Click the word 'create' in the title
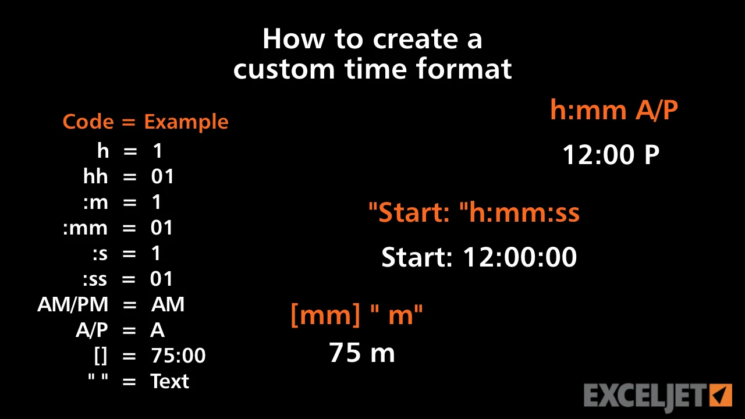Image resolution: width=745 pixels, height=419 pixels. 416,40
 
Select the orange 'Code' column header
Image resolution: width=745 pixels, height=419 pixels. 88,122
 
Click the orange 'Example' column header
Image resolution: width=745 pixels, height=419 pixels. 186,122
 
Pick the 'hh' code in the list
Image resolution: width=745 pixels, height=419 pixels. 96,176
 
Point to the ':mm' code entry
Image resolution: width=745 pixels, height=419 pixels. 86,228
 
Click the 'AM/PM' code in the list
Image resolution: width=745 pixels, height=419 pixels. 73,304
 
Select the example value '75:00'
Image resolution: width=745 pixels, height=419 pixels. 178,356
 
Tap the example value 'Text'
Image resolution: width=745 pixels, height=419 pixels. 169,381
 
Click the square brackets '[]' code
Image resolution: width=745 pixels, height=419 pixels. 100,356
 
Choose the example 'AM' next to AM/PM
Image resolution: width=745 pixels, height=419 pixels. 168,304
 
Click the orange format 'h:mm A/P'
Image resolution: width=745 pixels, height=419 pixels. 614,110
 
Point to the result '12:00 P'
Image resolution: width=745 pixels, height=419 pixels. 611,155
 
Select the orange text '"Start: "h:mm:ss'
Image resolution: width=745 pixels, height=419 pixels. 474,213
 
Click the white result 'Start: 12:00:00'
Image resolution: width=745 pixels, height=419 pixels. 479,257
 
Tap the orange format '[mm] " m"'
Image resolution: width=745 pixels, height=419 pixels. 356,315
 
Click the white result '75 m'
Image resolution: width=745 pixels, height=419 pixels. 362,353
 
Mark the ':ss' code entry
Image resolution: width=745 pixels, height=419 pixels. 95,279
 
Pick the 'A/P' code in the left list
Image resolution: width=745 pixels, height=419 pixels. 91,330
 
